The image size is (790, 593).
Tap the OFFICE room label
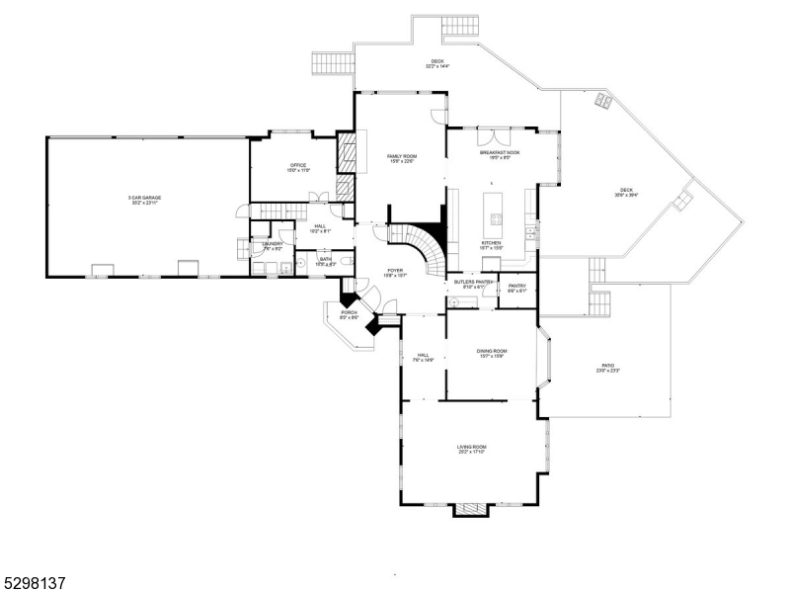click(298, 165)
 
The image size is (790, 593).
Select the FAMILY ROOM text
click(401, 156)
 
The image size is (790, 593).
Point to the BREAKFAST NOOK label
click(500, 152)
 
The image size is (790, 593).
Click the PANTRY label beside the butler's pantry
click(517, 287)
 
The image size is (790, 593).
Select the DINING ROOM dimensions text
click(493, 357)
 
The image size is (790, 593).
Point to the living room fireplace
click(471, 509)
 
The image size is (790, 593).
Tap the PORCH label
click(350, 313)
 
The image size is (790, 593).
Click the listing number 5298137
click(35, 583)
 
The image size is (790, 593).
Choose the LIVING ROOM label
click(471, 447)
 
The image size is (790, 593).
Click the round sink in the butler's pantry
click(455, 301)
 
